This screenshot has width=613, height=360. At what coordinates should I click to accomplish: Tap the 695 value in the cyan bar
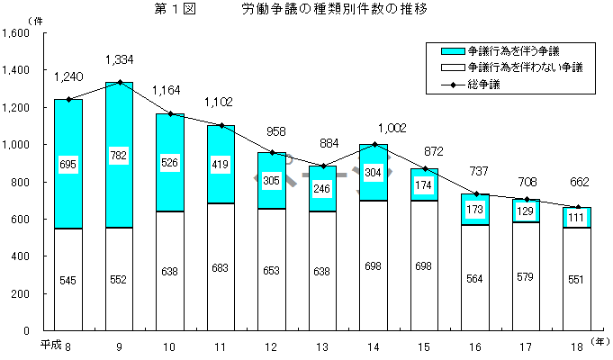(x=68, y=166)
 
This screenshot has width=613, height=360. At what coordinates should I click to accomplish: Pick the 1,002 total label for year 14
(x=374, y=128)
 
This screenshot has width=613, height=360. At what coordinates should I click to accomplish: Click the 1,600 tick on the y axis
(x=17, y=32)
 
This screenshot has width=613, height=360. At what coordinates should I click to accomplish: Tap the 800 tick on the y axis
(x=22, y=182)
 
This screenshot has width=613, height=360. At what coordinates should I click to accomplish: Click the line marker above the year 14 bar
(x=374, y=144)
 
